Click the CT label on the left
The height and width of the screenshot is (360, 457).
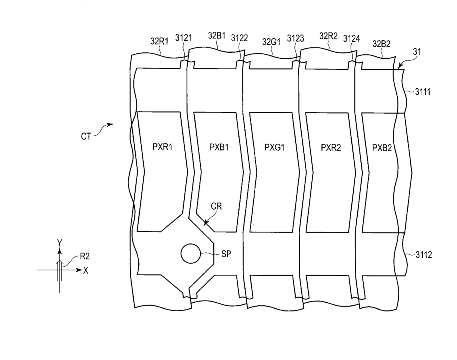coord(85,135)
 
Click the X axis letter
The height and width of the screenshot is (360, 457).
coord(86,271)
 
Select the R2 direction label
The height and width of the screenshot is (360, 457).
coord(85,258)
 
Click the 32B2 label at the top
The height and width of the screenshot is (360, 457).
coord(381,44)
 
